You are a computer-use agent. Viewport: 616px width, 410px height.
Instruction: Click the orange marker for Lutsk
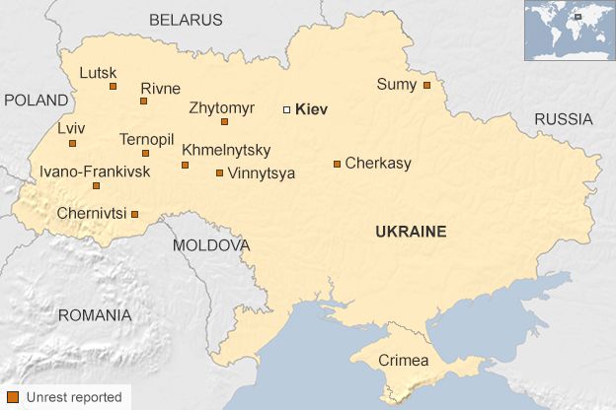click(x=113, y=87)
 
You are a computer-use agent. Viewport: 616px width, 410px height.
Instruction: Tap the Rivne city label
click(x=160, y=88)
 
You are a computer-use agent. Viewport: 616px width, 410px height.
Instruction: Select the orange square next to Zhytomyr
click(x=224, y=122)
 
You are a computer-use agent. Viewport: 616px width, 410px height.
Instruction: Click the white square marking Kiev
click(x=287, y=109)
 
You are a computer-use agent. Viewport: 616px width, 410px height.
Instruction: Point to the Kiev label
click(x=311, y=109)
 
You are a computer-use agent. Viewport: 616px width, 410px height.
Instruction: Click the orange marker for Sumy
click(x=426, y=85)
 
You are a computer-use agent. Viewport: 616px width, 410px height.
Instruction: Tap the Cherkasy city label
click(x=378, y=164)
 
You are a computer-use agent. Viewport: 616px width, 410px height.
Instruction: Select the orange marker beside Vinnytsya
click(x=219, y=172)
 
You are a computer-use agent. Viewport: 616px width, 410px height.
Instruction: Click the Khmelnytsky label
click(x=226, y=151)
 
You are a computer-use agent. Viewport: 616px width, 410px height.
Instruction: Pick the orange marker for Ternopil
click(x=145, y=153)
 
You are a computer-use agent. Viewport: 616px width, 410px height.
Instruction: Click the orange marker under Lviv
click(x=72, y=143)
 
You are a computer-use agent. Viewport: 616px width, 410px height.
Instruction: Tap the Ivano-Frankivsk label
click(x=95, y=171)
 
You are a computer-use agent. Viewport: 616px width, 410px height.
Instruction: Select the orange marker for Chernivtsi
click(x=134, y=213)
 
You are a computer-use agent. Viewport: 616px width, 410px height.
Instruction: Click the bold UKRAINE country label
click(x=411, y=232)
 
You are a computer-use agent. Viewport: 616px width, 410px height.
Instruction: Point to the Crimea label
click(x=404, y=361)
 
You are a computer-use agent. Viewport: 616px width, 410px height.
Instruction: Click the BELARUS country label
click(x=186, y=20)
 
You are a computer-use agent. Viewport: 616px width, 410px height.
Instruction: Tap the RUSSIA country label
click(x=564, y=119)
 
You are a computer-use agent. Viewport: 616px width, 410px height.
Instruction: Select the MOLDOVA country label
click(x=211, y=244)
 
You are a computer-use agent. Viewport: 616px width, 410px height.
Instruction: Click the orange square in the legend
click(x=13, y=397)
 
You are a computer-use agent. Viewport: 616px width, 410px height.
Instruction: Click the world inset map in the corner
click(x=569, y=31)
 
